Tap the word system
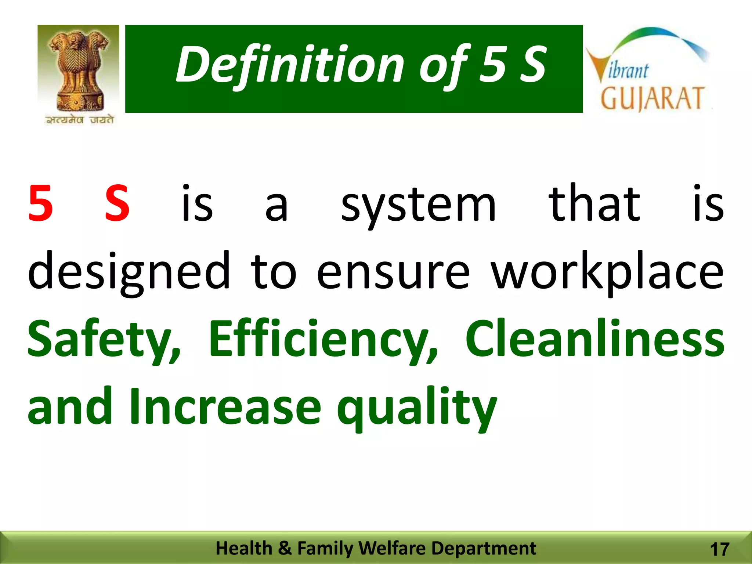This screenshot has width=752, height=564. [x=418, y=206]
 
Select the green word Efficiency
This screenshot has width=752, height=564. [x=323, y=340]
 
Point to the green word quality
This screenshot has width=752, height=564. [x=417, y=408]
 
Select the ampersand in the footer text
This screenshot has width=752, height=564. [x=285, y=548]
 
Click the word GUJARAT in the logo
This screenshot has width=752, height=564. [x=652, y=99]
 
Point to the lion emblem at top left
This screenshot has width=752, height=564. [x=78, y=70]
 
